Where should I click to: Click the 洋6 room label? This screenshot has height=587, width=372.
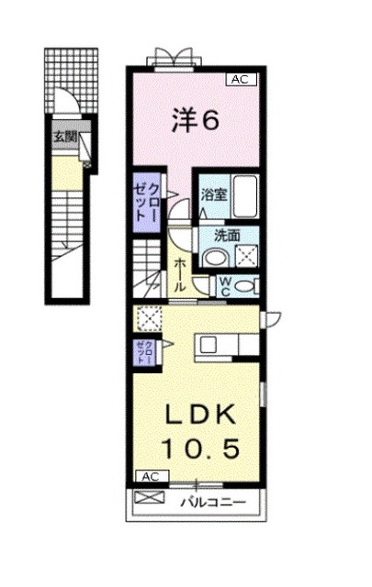(195, 120)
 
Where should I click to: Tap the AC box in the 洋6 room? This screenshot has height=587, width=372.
(239, 80)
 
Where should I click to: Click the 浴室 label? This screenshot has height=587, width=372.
(213, 194)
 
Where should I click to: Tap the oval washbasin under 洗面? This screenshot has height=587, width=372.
(213, 259)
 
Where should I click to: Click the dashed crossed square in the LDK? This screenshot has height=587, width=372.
(146, 317)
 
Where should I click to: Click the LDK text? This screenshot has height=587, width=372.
(198, 416)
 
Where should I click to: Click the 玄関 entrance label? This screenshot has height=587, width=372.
(63, 138)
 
